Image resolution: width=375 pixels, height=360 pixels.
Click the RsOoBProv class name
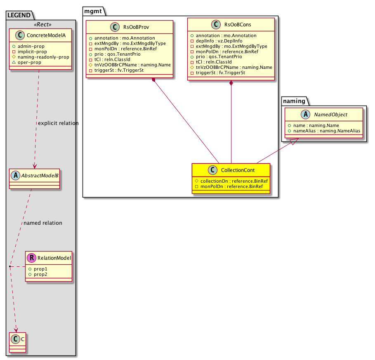[x=136, y=27]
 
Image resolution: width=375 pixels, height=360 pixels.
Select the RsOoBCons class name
[x=238, y=25]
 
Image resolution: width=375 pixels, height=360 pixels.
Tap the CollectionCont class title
[x=238, y=170]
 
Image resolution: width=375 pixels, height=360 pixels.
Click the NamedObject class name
[x=330, y=115]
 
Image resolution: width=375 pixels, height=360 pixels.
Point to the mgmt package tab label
[x=93, y=11]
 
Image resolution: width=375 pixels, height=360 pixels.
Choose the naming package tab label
[x=294, y=101]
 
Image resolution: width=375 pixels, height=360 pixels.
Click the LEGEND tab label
[x=19, y=15]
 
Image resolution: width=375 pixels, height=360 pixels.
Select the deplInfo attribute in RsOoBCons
[x=219, y=41]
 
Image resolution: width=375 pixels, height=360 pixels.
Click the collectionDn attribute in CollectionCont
[x=234, y=181]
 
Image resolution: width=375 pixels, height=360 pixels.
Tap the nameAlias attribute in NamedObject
[x=327, y=131]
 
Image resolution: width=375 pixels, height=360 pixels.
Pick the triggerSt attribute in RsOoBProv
[x=119, y=70]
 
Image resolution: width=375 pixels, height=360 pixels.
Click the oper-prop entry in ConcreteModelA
[x=29, y=62]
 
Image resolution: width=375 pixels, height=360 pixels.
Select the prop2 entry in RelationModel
[x=40, y=274]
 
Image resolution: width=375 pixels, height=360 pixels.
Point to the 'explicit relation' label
[x=58, y=123]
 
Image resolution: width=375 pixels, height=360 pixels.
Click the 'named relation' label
[x=43, y=223]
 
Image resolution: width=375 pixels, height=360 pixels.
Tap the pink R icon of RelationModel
[x=32, y=258]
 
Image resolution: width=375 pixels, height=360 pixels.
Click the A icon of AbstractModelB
[x=16, y=176]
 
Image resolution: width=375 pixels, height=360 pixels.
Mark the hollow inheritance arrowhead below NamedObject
[x=294, y=141]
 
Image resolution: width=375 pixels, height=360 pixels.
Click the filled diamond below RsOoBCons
[x=231, y=83]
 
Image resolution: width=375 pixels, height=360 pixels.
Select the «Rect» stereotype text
[x=42, y=25]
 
